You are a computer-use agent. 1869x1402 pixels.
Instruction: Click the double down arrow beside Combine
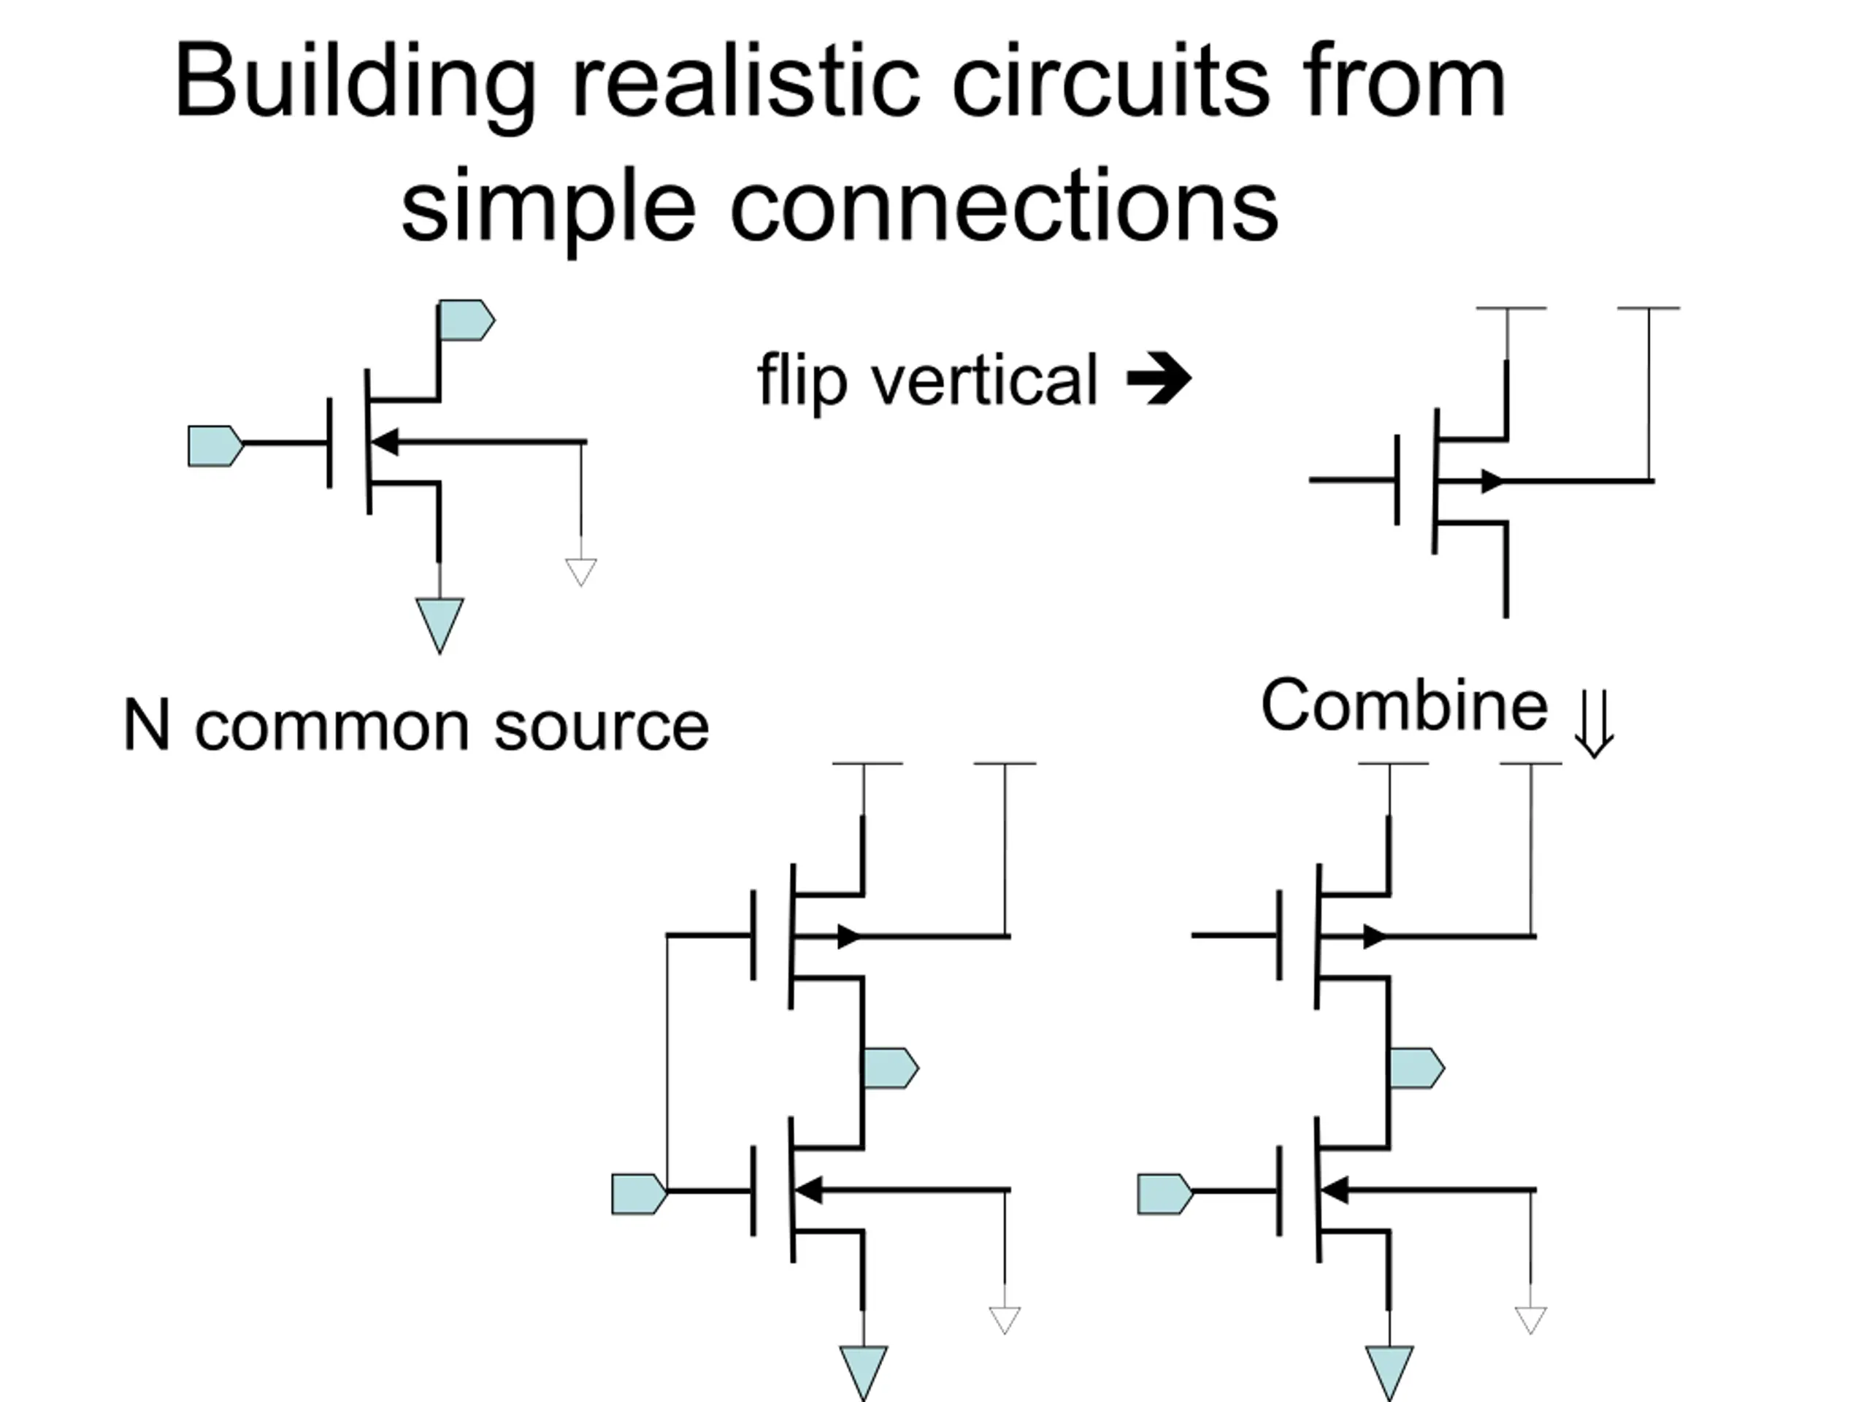(1594, 724)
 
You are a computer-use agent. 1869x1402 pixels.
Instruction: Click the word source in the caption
(602, 727)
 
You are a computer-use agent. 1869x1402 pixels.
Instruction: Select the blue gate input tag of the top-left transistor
(215, 445)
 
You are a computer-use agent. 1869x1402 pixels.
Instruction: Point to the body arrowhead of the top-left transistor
(385, 441)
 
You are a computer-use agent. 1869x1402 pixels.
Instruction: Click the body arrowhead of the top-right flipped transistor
(1492, 481)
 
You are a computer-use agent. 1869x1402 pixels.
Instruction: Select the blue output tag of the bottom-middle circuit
(891, 1068)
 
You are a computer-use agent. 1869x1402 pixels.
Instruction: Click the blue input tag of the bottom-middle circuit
(640, 1194)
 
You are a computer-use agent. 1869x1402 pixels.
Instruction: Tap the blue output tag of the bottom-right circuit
(1417, 1068)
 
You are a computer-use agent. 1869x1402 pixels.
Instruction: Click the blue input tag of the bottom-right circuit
(1166, 1194)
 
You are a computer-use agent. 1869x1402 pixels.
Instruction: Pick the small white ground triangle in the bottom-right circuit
(1531, 1320)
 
